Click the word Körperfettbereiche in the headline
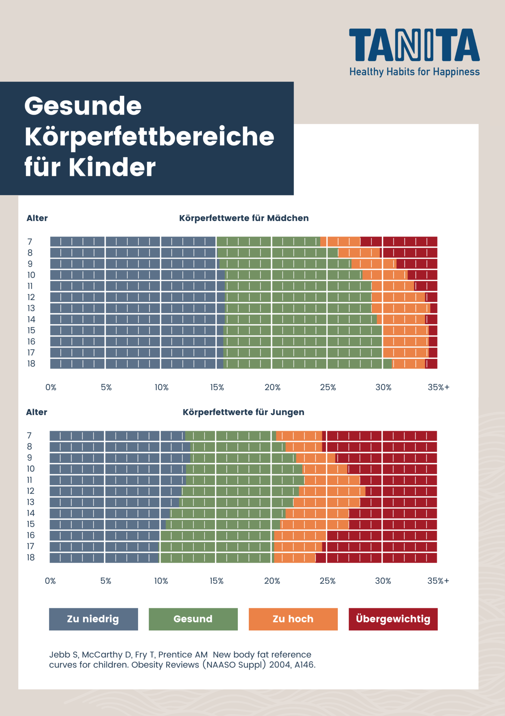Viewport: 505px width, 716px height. (x=149, y=137)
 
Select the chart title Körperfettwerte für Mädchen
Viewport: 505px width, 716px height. (x=244, y=218)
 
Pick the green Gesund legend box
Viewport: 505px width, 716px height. (x=193, y=619)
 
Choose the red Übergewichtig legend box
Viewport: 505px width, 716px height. (x=393, y=619)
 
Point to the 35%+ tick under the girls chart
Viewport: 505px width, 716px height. (x=438, y=387)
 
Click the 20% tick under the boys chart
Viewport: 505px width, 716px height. (x=272, y=581)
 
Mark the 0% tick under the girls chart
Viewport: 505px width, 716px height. (x=51, y=387)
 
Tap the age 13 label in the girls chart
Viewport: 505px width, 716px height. (x=31, y=308)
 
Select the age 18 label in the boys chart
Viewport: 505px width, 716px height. (x=31, y=557)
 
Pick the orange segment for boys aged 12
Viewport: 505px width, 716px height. (x=332, y=491)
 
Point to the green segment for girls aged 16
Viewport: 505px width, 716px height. (x=302, y=342)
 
